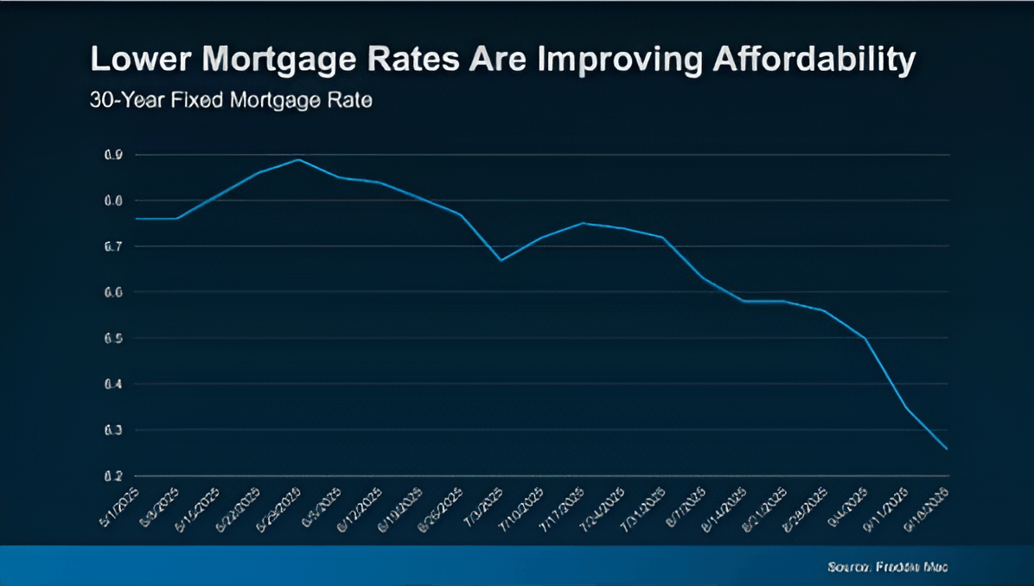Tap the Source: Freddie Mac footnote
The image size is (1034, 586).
[887, 567]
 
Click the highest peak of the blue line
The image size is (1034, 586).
[298, 159]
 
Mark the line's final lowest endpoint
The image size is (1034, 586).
[948, 449]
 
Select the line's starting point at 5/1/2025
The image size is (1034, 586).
[137, 219]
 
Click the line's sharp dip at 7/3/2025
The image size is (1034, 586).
[501, 260]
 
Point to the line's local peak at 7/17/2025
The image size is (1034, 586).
[584, 223]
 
